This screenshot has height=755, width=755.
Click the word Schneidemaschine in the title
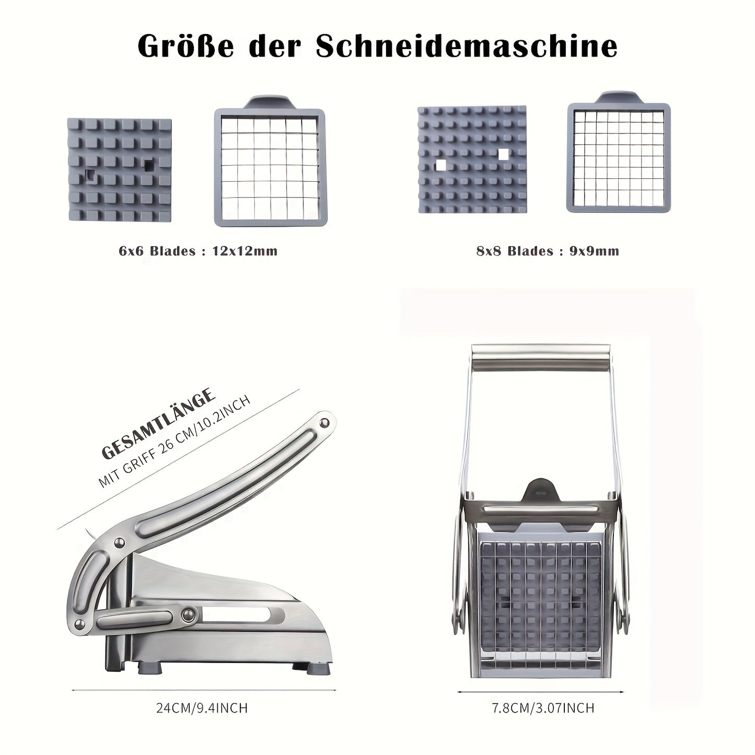click(467, 47)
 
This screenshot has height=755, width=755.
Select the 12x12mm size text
click(245, 251)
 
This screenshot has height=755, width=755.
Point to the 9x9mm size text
click(594, 251)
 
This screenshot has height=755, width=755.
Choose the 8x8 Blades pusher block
click(472, 160)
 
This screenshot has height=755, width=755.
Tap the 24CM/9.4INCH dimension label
click(202, 708)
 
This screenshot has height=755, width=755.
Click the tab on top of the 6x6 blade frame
click(270, 102)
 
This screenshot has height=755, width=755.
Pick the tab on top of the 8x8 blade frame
click(619, 97)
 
